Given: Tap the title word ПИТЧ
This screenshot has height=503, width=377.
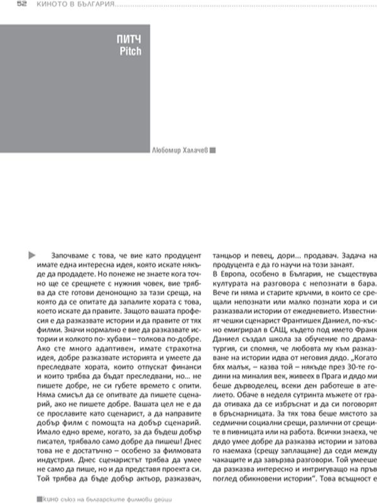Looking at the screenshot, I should [x=129, y=40].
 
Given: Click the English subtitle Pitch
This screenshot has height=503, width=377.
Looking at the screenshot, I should [x=130, y=51].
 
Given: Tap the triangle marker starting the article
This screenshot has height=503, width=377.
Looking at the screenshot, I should [x=31, y=255].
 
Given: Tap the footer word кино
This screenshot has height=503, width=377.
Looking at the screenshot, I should [x=51, y=498].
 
